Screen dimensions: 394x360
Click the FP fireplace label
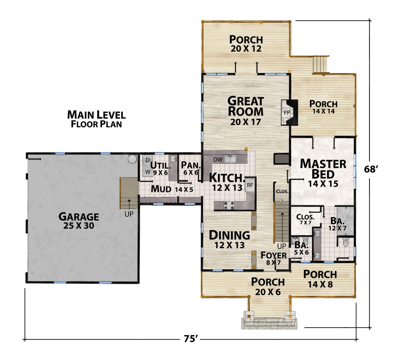click(287, 113)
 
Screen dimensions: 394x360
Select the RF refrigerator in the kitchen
click(250, 185)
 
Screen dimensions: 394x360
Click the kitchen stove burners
click(229, 205)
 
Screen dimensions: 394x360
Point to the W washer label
click(148, 172)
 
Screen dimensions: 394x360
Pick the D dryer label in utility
click(148, 160)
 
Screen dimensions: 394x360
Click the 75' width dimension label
click(190, 339)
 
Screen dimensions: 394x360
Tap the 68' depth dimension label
click(371, 169)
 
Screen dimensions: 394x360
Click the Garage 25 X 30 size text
click(79, 226)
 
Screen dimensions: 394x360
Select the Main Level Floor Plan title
click(96, 119)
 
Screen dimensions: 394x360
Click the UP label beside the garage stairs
click(129, 214)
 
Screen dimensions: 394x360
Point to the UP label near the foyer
click(281, 246)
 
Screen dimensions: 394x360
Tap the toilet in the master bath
click(346, 242)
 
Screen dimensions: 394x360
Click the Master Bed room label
click(323, 169)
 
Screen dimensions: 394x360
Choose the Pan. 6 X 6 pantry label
click(191, 169)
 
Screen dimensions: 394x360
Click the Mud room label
click(161, 189)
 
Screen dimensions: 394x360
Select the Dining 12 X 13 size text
click(229, 245)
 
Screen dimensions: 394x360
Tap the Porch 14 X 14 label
click(324, 107)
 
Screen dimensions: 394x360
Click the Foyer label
click(274, 255)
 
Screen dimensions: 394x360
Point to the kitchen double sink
click(230, 159)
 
